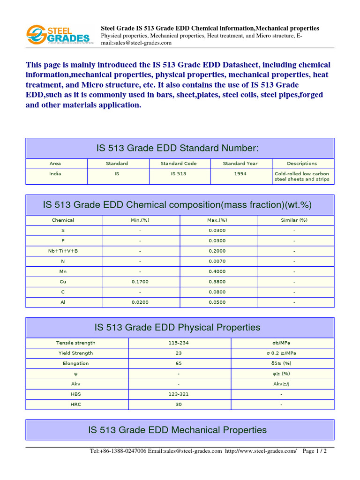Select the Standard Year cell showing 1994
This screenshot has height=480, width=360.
241,174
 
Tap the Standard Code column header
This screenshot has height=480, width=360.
179,164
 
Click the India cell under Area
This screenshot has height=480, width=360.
55,174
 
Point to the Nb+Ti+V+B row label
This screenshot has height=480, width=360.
63,251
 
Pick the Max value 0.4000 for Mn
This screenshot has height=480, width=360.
217,271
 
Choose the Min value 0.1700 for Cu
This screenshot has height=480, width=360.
140,282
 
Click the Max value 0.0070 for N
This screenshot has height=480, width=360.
217,261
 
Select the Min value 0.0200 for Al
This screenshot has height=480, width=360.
140,302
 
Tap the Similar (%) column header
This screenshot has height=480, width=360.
294,220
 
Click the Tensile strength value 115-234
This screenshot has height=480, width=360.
179,343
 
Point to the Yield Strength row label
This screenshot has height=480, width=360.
75,353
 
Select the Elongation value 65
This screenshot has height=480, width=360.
179,363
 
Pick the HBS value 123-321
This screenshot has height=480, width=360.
179,394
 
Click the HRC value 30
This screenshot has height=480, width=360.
179,405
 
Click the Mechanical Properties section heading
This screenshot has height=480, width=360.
178,430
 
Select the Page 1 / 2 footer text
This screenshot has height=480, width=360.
315,451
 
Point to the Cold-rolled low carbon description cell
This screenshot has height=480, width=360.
302,176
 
